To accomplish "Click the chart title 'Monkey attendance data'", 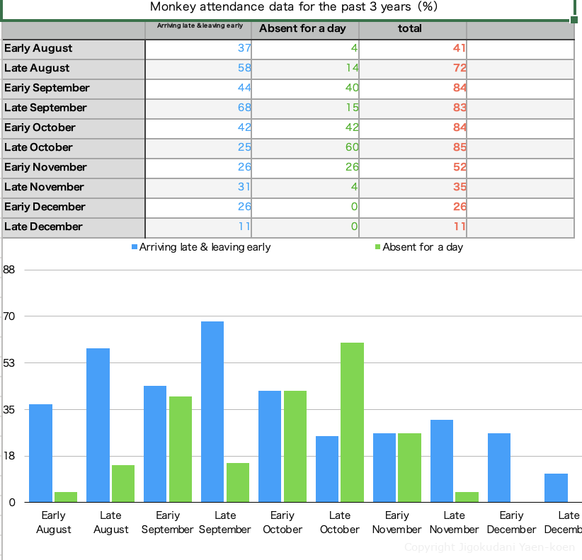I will click(294, 7).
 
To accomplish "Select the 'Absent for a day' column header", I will click(302, 29).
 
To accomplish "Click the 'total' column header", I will click(410, 29).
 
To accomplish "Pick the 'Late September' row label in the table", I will click(45, 108).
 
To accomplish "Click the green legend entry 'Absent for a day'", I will click(423, 247).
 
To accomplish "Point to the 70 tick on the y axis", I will click(10, 316).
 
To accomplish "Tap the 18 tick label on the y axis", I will click(10, 456).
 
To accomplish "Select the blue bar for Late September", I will click(212, 411).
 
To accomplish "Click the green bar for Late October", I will click(352, 422).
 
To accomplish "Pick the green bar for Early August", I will click(66, 497).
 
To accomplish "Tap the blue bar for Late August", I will click(98, 425).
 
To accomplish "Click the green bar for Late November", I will click(467, 497).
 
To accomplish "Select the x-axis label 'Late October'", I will click(340, 522).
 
